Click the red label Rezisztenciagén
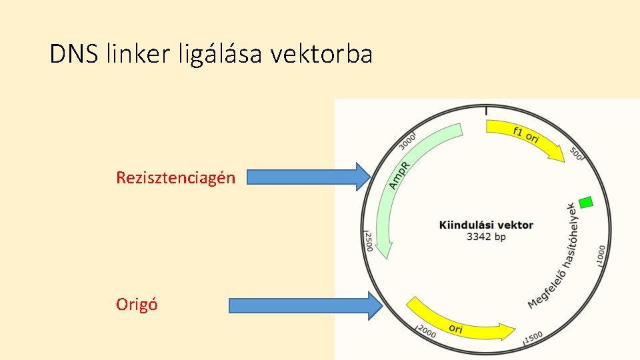click(x=175, y=177)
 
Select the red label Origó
click(x=137, y=305)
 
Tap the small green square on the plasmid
click(x=586, y=201)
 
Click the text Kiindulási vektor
click(x=486, y=225)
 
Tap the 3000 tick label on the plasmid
click(x=407, y=141)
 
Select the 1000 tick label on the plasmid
click(x=601, y=255)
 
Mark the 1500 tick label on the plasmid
click(x=533, y=338)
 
